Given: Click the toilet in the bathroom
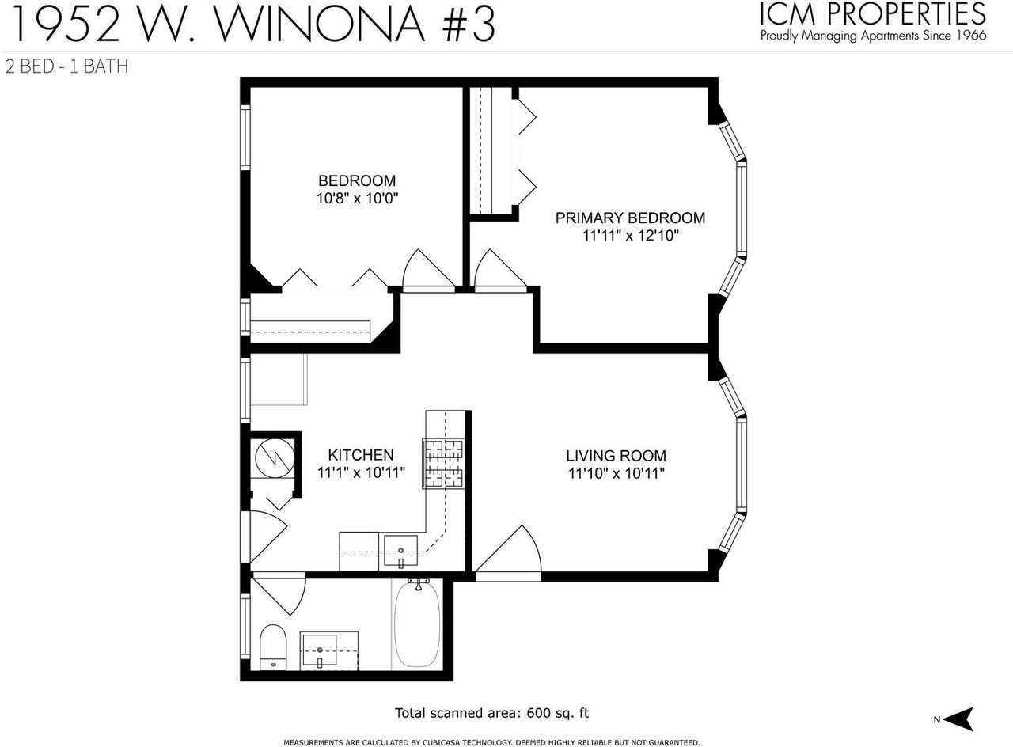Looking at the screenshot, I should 272,647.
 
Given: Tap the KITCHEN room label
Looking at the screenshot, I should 361,455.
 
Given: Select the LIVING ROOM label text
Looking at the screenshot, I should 616,456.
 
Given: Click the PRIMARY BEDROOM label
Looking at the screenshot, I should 630,218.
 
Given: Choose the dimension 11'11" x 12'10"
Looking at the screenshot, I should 630,236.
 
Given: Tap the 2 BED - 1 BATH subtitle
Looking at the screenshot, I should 66,66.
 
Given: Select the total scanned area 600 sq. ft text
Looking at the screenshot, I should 491,713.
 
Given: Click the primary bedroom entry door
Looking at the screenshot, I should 499,273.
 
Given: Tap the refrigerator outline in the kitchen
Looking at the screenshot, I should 278,379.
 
